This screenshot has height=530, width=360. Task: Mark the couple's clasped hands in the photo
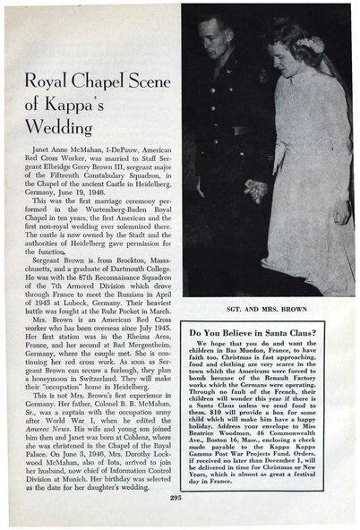pos(257,189)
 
